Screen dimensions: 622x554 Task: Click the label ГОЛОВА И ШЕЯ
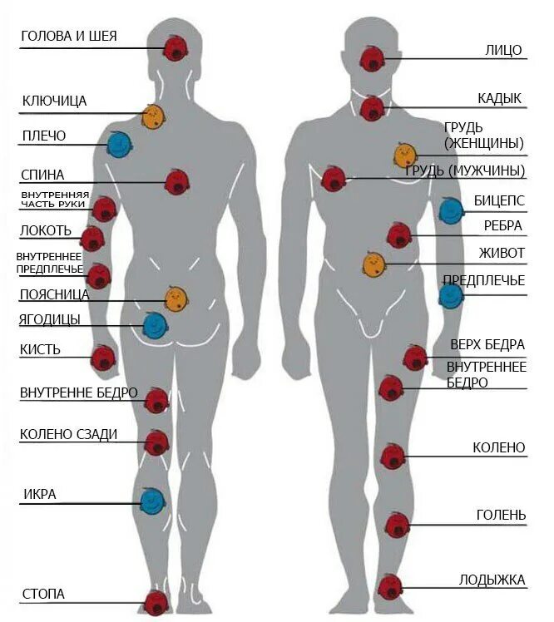pos(69,36)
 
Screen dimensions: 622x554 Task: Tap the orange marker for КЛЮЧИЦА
pos(152,117)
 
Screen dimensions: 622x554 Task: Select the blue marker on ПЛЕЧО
pos(119,145)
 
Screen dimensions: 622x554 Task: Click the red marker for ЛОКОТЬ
pos(92,239)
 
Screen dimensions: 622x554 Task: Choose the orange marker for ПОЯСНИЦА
pos(176,299)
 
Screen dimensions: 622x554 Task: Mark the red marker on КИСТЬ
pos(103,358)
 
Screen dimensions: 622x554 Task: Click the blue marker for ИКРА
pos(151,501)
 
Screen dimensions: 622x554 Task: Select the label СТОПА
pos(43,594)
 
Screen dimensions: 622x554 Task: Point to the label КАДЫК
pos(500,99)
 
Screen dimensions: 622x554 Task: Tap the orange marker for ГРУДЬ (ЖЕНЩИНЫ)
pos(405,155)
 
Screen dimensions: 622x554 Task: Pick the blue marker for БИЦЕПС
pos(451,210)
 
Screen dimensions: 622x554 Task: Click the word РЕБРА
pos(503,225)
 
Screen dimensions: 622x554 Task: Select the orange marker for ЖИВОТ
pos(373,265)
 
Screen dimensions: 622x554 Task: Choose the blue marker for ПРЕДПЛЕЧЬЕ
pos(451,295)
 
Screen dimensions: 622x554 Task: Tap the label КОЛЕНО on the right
pos(499,447)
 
